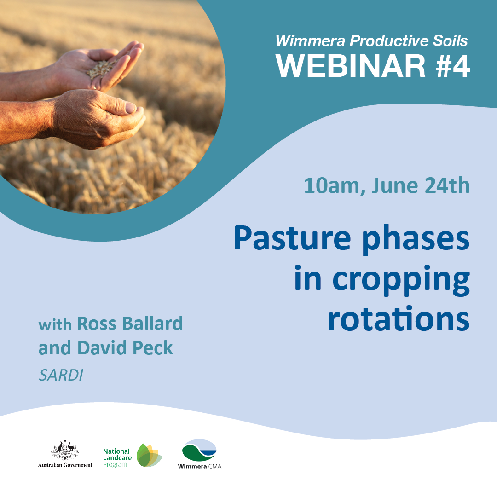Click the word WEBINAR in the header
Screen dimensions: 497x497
351,66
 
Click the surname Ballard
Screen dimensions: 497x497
152,324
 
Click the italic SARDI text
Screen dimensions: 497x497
61,375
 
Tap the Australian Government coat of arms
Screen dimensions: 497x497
65,450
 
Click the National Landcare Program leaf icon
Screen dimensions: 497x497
149,455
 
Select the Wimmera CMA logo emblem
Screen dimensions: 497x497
199,450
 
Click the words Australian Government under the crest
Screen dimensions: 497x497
65,465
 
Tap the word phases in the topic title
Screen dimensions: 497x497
416,240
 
